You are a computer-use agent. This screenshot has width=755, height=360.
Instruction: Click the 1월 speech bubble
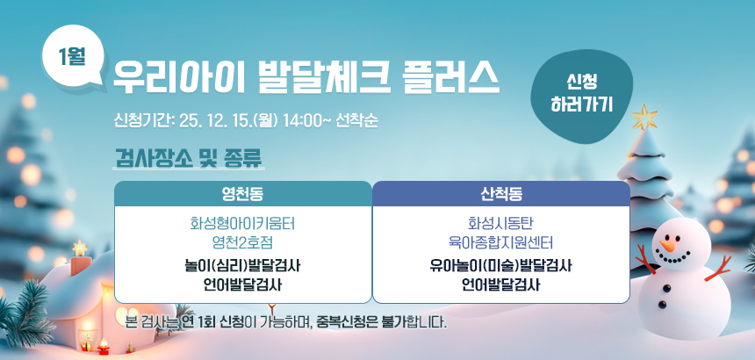(x=73, y=57)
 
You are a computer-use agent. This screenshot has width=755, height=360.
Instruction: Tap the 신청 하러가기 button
(x=581, y=96)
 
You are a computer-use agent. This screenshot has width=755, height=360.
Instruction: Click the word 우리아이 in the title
(x=179, y=79)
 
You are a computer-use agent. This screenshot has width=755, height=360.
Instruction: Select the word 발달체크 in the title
(x=322, y=79)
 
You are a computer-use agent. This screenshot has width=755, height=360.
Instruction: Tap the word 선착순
(x=356, y=121)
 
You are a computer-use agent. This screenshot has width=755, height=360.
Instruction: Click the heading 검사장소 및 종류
(x=188, y=157)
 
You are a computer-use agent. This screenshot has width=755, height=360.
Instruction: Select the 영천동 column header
(x=242, y=194)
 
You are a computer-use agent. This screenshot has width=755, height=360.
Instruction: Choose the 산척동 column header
(x=501, y=194)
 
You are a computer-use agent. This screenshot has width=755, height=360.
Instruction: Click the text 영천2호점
(x=242, y=242)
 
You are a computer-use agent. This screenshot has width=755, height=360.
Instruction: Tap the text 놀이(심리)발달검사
(x=242, y=266)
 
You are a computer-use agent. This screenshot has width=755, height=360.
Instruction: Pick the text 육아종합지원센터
(x=501, y=242)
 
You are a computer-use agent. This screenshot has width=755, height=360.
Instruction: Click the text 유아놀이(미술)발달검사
(x=501, y=266)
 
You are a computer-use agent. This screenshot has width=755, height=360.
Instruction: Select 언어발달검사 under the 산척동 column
(x=501, y=285)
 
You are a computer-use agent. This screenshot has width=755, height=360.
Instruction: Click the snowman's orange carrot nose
(x=667, y=246)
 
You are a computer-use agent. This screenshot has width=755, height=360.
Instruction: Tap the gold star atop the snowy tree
(x=644, y=117)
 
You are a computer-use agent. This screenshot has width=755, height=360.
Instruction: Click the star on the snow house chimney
(x=79, y=248)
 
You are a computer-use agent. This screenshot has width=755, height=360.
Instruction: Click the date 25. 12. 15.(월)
(x=229, y=121)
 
